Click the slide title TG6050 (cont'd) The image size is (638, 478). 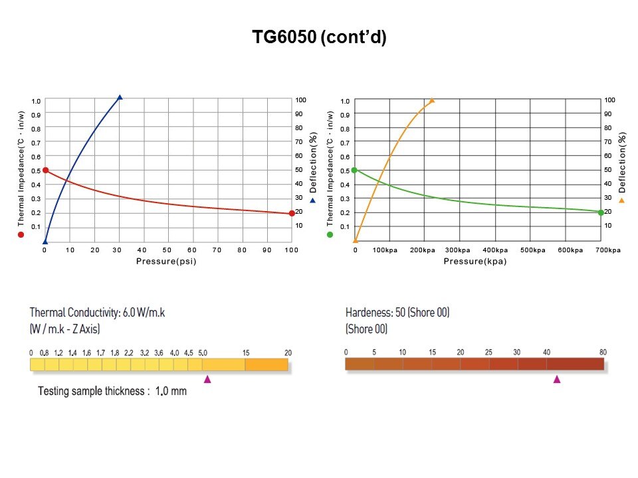pos(319,38)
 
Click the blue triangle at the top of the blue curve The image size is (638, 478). pos(120,98)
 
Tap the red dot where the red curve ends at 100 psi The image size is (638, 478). pos(292,213)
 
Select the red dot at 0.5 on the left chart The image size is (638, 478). pos(45,171)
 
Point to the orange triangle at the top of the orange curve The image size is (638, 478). pos(432,100)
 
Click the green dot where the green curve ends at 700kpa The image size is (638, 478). pos(600,212)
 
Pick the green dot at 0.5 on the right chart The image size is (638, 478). pos(354,171)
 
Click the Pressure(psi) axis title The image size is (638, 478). pos(166,262)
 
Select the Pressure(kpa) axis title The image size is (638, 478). pos(475,262)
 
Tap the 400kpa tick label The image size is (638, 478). pos(495,250)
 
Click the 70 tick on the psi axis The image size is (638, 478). pos(217,250)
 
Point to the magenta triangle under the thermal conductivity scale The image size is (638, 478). pos(207,379)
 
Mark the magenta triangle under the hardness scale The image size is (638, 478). pos(557,379)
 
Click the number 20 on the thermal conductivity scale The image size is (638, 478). pos(288,353)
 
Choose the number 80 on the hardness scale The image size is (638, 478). pos(603,352)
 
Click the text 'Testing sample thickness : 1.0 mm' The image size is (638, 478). pos(112,391)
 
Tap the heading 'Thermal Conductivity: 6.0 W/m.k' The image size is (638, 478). pos(97,312)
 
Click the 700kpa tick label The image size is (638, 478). pos(607,250)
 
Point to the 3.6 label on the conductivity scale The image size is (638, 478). pos(159,353)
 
